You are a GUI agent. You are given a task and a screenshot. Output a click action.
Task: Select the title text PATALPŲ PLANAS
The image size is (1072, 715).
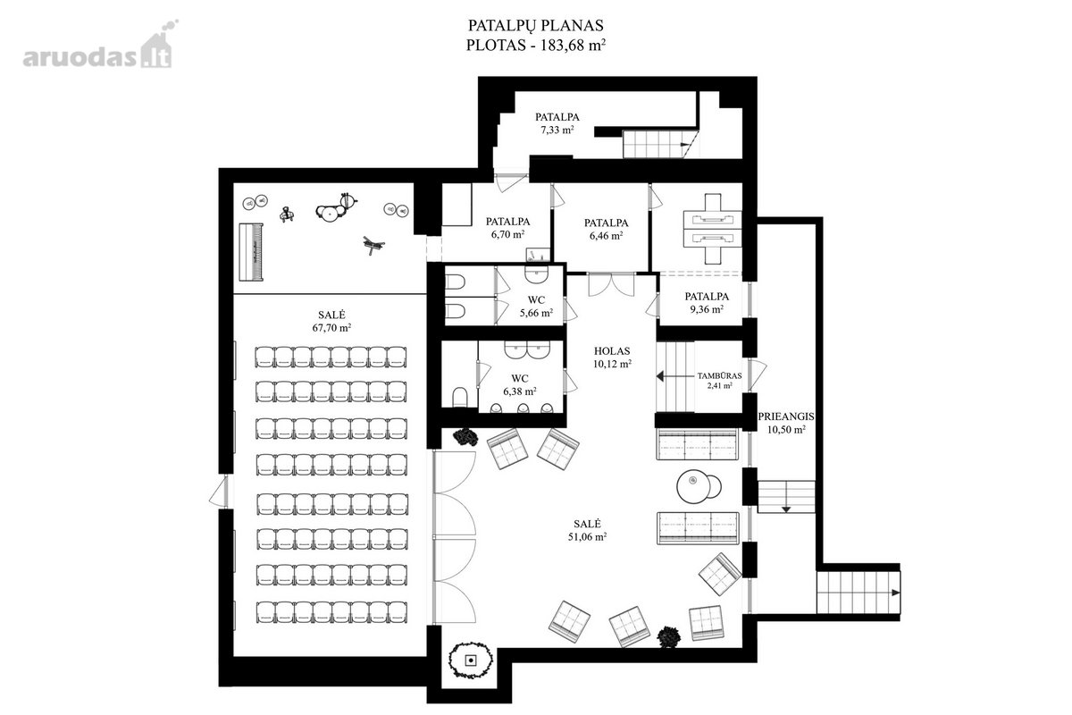point(535,25)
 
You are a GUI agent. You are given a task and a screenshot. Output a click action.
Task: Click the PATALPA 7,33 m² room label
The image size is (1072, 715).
point(557,123)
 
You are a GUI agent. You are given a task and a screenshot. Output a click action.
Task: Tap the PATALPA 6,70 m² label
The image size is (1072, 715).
point(507,228)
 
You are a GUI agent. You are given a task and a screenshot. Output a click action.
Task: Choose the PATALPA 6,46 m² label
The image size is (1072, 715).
point(606,229)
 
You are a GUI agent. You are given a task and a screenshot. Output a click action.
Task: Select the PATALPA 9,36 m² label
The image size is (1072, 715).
point(707,303)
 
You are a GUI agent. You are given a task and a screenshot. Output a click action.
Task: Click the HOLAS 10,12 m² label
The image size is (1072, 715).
point(612,357)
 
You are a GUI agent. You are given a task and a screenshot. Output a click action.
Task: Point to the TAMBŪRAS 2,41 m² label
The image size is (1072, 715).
point(719,380)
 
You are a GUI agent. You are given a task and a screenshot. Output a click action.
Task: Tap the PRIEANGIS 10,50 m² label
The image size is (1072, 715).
point(786,423)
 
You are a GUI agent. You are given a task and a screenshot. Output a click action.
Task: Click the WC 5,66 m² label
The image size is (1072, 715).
point(537,307)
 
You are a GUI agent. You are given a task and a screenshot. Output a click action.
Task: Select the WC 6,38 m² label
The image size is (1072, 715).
point(519,385)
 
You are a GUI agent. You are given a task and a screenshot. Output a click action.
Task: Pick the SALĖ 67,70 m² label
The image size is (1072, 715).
point(331,322)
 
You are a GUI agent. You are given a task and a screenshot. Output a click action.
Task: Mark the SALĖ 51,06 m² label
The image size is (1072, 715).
point(587,530)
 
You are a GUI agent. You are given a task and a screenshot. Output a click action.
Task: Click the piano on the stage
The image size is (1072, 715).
point(251,252)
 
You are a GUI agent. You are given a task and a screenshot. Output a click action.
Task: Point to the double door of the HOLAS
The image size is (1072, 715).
point(611,284)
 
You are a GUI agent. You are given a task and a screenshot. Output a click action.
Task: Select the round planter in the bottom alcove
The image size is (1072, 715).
point(472,660)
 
